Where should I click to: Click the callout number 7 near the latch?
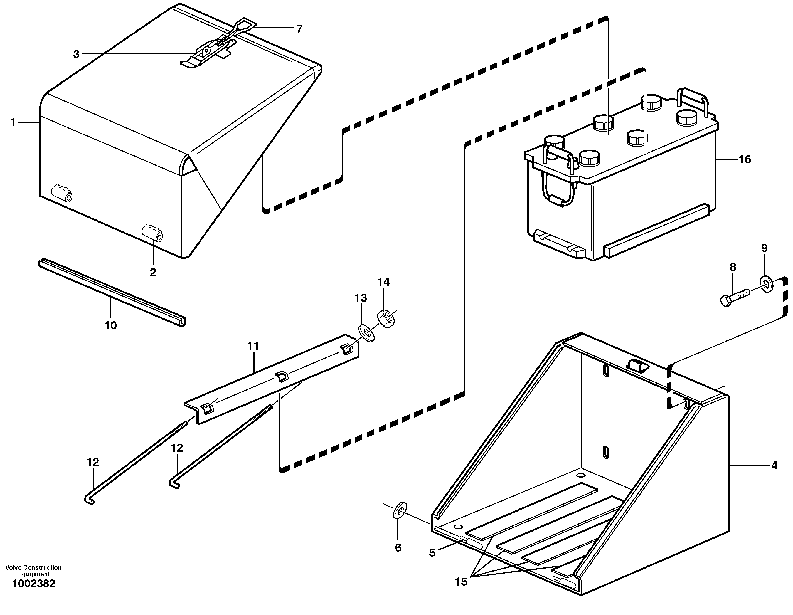click(x=299, y=29)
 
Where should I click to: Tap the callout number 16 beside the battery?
click(x=745, y=159)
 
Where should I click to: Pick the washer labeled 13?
click(x=367, y=334)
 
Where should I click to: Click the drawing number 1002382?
click(x=34, y=594)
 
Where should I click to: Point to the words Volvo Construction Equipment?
click(x=33, y=571)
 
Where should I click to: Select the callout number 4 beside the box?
click(x=774, y=465)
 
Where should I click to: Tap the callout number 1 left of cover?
click(x=13, y=123)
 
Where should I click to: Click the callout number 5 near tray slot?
click(x=432, y=553)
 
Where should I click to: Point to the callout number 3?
click(x=76, y=55)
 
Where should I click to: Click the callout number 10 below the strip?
click(x=111, y=326)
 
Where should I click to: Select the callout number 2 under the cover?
click(x=153, y=272)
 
